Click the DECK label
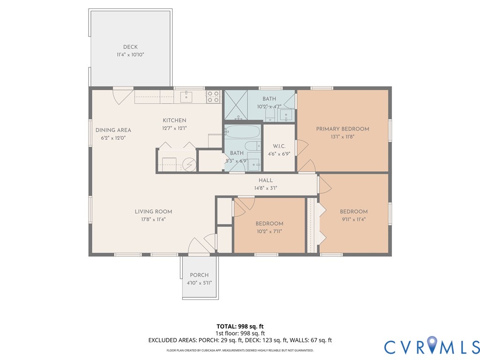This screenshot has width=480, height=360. pos(130,47)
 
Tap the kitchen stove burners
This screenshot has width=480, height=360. pos(213,97)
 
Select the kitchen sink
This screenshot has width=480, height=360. pos(186,97)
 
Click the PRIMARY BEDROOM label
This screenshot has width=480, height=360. pos(343,129)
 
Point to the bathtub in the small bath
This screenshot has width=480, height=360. pos(243,132)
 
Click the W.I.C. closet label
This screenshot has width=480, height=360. pos(279,146)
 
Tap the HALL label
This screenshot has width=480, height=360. pos(265,180)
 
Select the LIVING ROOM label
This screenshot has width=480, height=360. pos(153,211)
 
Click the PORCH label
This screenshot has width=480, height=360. pos(199,275)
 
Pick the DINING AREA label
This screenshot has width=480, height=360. pos(113,130)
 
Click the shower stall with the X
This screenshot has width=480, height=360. pos(236,105)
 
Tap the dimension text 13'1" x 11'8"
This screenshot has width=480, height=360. pos(342,137)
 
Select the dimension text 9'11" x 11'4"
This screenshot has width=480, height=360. pos(353,219)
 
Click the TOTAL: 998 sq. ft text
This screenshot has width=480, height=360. pos(240,326)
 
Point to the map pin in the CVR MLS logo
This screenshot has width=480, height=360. pos(432,344)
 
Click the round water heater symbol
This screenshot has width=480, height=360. pos(189,165)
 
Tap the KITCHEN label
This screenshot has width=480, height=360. pos(174,120)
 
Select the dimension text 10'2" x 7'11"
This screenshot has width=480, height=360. pos(270,232)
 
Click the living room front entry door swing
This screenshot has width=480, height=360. pos(199,246)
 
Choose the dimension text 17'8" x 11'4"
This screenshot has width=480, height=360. pos(153,219)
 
